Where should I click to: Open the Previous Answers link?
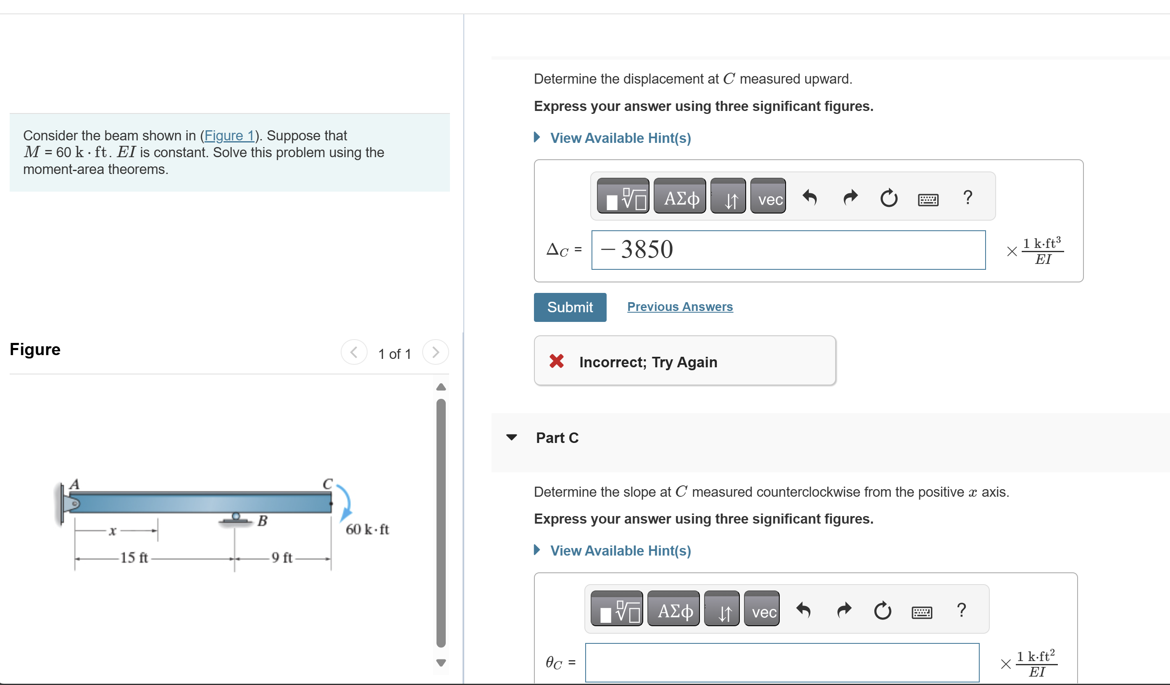point(680,306)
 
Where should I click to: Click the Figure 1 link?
point(229,135)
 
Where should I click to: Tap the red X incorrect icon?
point(556,361)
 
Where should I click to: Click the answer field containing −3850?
point(789,250)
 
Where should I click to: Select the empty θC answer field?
point(782,662)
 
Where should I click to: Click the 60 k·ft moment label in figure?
point(367,529)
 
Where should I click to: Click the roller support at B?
point(236,519)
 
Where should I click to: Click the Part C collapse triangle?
point(511,437)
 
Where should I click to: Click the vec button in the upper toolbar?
point(768,196)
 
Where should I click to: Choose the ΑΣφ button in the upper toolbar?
point(680,196)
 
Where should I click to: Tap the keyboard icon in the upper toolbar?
point(928,199)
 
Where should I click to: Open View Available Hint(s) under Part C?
point(620,551)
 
